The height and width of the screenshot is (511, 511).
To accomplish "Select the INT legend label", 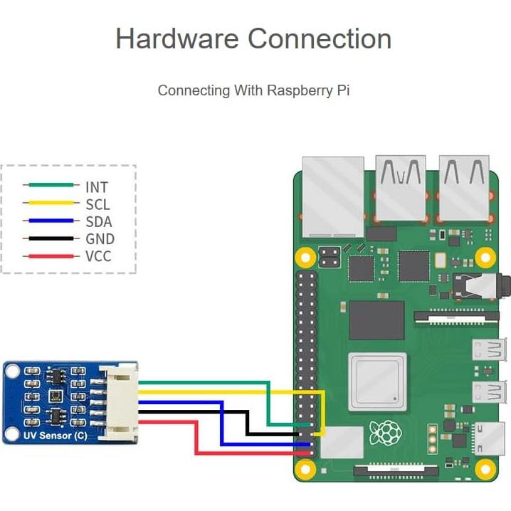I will (x=96, y=187).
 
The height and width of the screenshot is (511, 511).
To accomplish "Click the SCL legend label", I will (x=98, y=205).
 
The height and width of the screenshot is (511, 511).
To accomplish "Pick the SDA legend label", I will (x=99, y=222).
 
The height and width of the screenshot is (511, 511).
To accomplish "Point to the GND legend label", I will (x=100, y=239).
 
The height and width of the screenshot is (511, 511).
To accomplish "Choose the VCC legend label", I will (x=98, y=256).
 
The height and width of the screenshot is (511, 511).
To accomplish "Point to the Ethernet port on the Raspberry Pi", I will (x=332, y=196).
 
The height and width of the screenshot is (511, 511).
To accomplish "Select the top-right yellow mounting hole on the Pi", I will (x=485, y=257).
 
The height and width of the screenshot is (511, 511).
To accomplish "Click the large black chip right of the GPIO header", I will (x=376, y=320).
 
